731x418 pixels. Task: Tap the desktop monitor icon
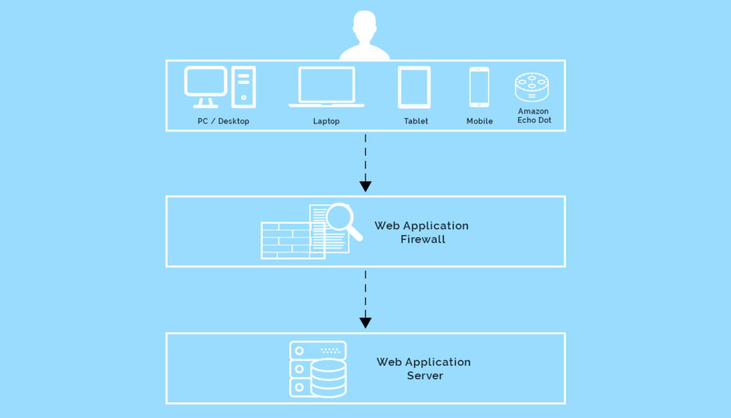(206, 86)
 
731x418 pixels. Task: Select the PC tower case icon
(243, 87)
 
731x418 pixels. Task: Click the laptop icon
(326, 86)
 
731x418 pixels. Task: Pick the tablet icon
(414, 87)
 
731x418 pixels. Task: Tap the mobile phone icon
(479, 87)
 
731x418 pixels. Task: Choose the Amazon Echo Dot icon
(532, 86)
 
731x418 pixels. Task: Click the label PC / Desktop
(223, 121)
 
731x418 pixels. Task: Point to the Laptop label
(326, 121)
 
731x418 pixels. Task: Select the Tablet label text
(416, 121)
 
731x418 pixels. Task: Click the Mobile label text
(480, 121)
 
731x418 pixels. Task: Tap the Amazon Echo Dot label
(534, 116)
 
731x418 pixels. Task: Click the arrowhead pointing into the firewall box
(365, 186)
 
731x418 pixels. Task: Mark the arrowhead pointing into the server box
(365, 322)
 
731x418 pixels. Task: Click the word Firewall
(423, 239)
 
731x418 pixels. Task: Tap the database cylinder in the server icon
(328, 378)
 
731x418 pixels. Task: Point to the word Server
(425, 376)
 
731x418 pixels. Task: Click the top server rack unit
(318, 350)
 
